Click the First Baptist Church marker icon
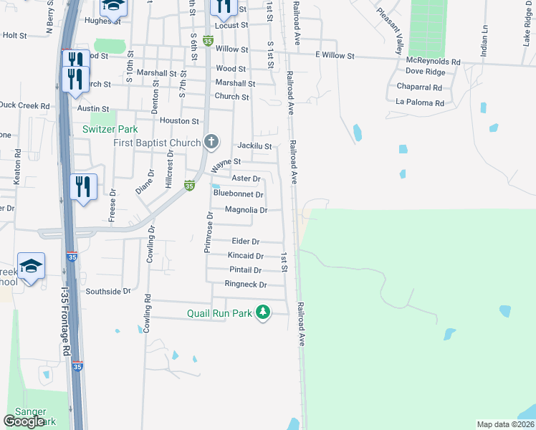(x=211, y=142)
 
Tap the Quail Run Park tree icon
(x=264, y=312)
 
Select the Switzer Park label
(x=110, y=130)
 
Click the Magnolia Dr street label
(x=246, y=210)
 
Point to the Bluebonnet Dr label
(x=239, y=194)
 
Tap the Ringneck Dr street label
(x=245, y=285)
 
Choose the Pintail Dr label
(x=245, y=269)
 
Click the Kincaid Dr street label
(x=245, y=255)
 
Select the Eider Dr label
(x=245, y=242)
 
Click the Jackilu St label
(x=254, y=146)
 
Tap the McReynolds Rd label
(x=433, y=62)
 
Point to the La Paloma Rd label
(x=420, y=102)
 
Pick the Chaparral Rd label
(x=418, y=87)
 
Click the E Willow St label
(x=334, y=55)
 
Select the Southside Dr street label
(x=108, y=292)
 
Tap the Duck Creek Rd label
(x=24, y=105)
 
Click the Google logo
(x=24, y=421)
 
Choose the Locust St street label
(x=231, y=25)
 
